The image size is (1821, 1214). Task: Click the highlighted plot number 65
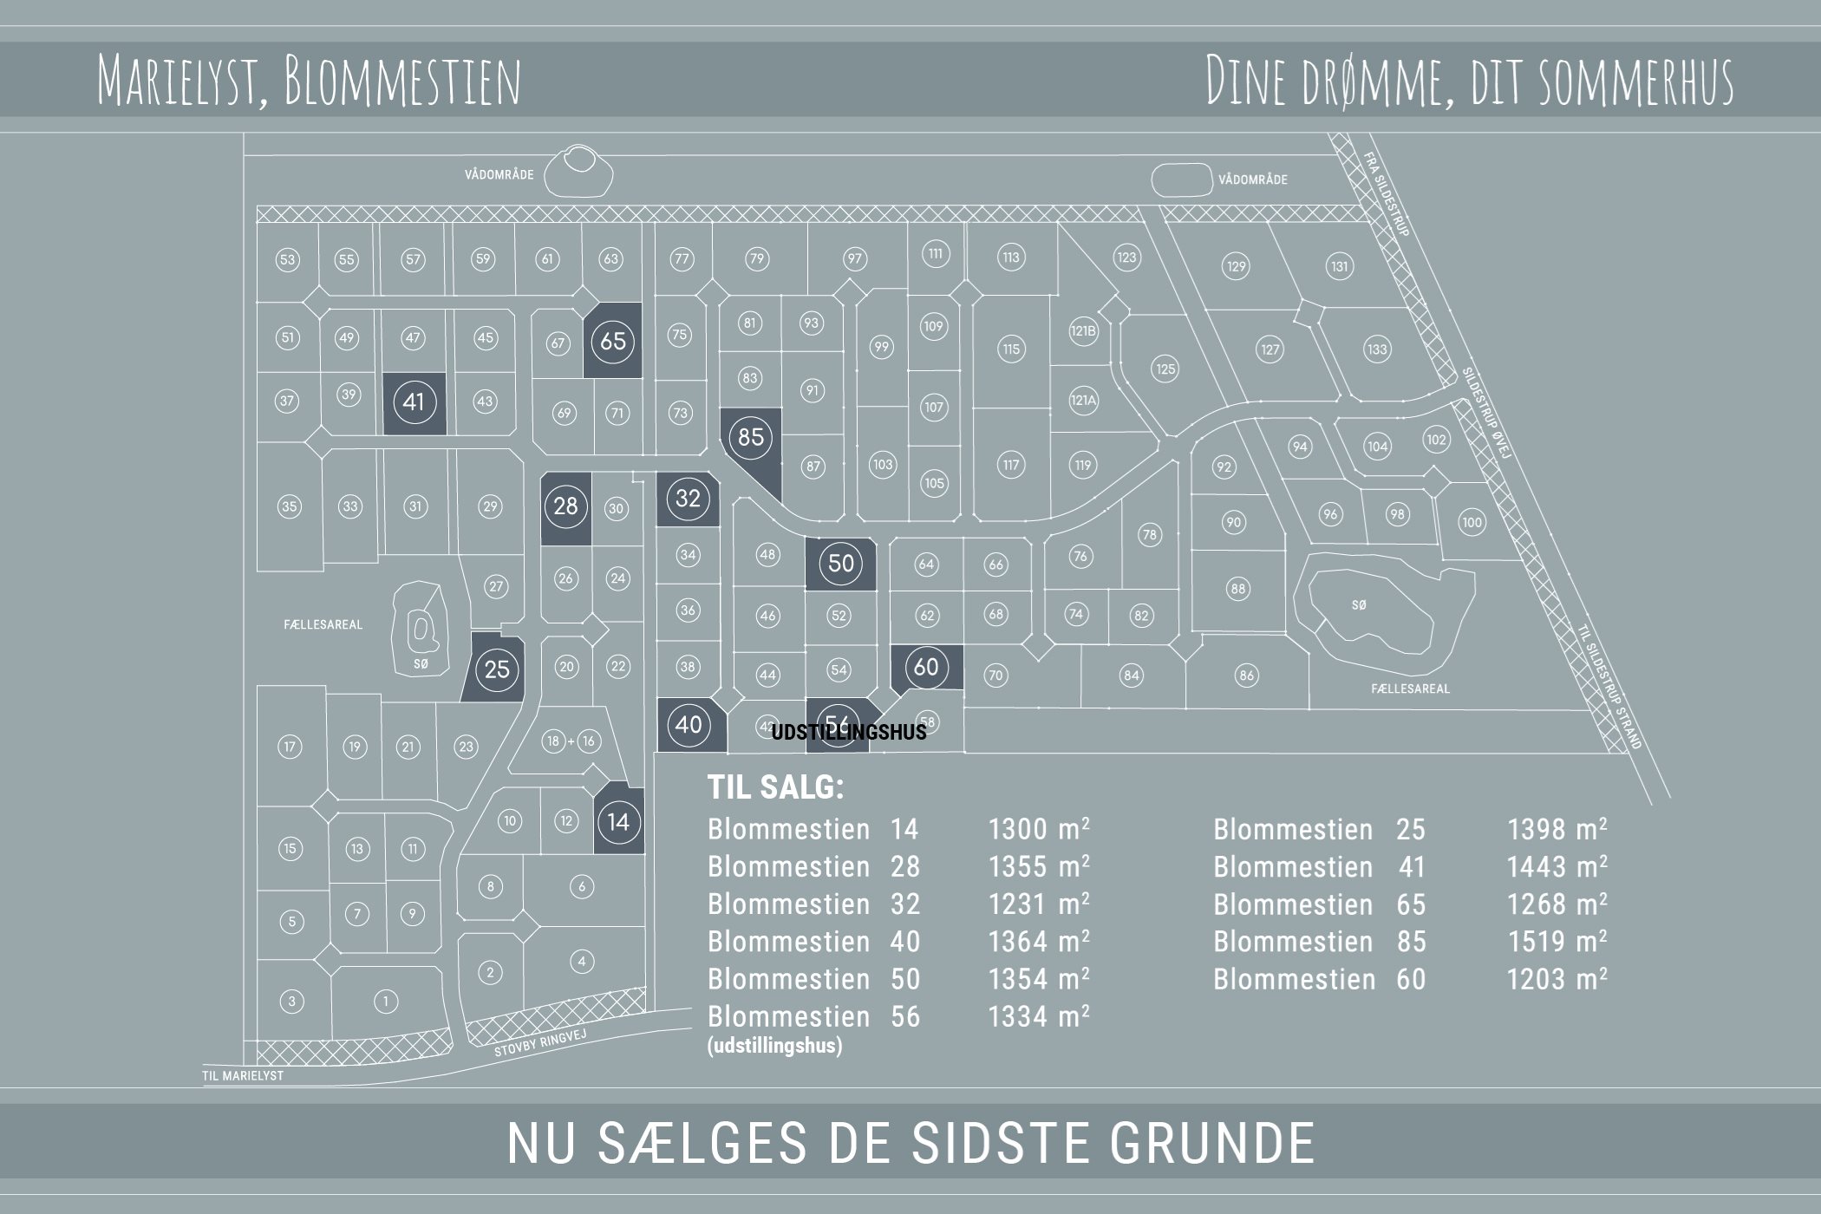[612, 341]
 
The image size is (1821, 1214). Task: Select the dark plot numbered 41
[414, 401]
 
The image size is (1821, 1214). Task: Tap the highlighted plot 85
[750, 436]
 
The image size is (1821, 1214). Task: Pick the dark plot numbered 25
[497, 669]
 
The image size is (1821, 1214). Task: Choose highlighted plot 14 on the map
[618, 821]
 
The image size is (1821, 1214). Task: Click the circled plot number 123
[1126, 257]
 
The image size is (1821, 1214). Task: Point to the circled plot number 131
[1340, 266]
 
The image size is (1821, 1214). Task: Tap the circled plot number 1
[386, 1002]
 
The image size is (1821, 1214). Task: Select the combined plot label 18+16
[571, 741]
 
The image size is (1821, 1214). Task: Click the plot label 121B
[1083, 330]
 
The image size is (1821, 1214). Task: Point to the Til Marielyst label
[243, 1075]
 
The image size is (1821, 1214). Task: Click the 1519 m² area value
[1557, 942]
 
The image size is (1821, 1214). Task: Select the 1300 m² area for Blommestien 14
[1038, 829]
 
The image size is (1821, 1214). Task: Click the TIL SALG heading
[775, 787]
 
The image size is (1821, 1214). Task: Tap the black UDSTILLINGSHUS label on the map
[848, 733]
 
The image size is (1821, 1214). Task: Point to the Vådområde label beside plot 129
[1252, 179]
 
